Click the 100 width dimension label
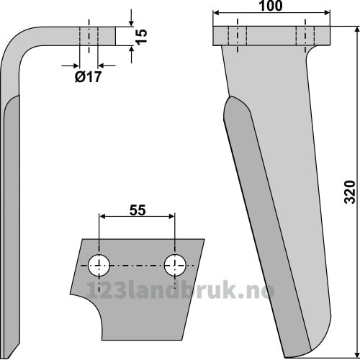[271, 6]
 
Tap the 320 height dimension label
[349, 192]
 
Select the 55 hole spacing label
[138, 210]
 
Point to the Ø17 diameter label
[89, 77]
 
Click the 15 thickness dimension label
[142, 37]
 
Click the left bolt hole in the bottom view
[99, 266]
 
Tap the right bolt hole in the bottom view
[175, 266]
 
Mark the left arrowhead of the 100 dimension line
[217, 13]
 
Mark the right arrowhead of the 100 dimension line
[327, 13]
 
